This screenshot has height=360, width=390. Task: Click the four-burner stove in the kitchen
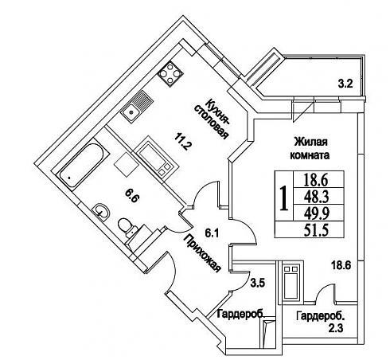point(170,74)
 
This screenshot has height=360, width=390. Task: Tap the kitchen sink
point(137,107)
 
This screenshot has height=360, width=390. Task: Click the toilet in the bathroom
point(127,228)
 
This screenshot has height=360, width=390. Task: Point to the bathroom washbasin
point(101,212)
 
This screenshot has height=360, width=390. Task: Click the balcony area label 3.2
point(345,84)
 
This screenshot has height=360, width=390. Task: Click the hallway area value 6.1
point(212,233)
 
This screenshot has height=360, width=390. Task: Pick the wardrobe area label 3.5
point(258,284)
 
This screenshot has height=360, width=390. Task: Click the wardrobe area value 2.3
point(336,329)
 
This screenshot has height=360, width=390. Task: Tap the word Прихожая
point(202,253)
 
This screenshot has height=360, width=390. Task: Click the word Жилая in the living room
point(310,142)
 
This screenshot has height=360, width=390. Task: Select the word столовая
point(211,122)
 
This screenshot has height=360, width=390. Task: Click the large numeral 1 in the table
point(284,198)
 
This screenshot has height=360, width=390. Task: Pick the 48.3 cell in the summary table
point(316,197)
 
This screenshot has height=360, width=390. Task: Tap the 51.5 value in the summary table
point(316,229)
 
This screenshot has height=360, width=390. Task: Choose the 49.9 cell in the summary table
point(316,213)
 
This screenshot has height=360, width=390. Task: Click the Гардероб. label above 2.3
point(322,316)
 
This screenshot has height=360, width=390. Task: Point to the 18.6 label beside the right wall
point(341,265)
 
